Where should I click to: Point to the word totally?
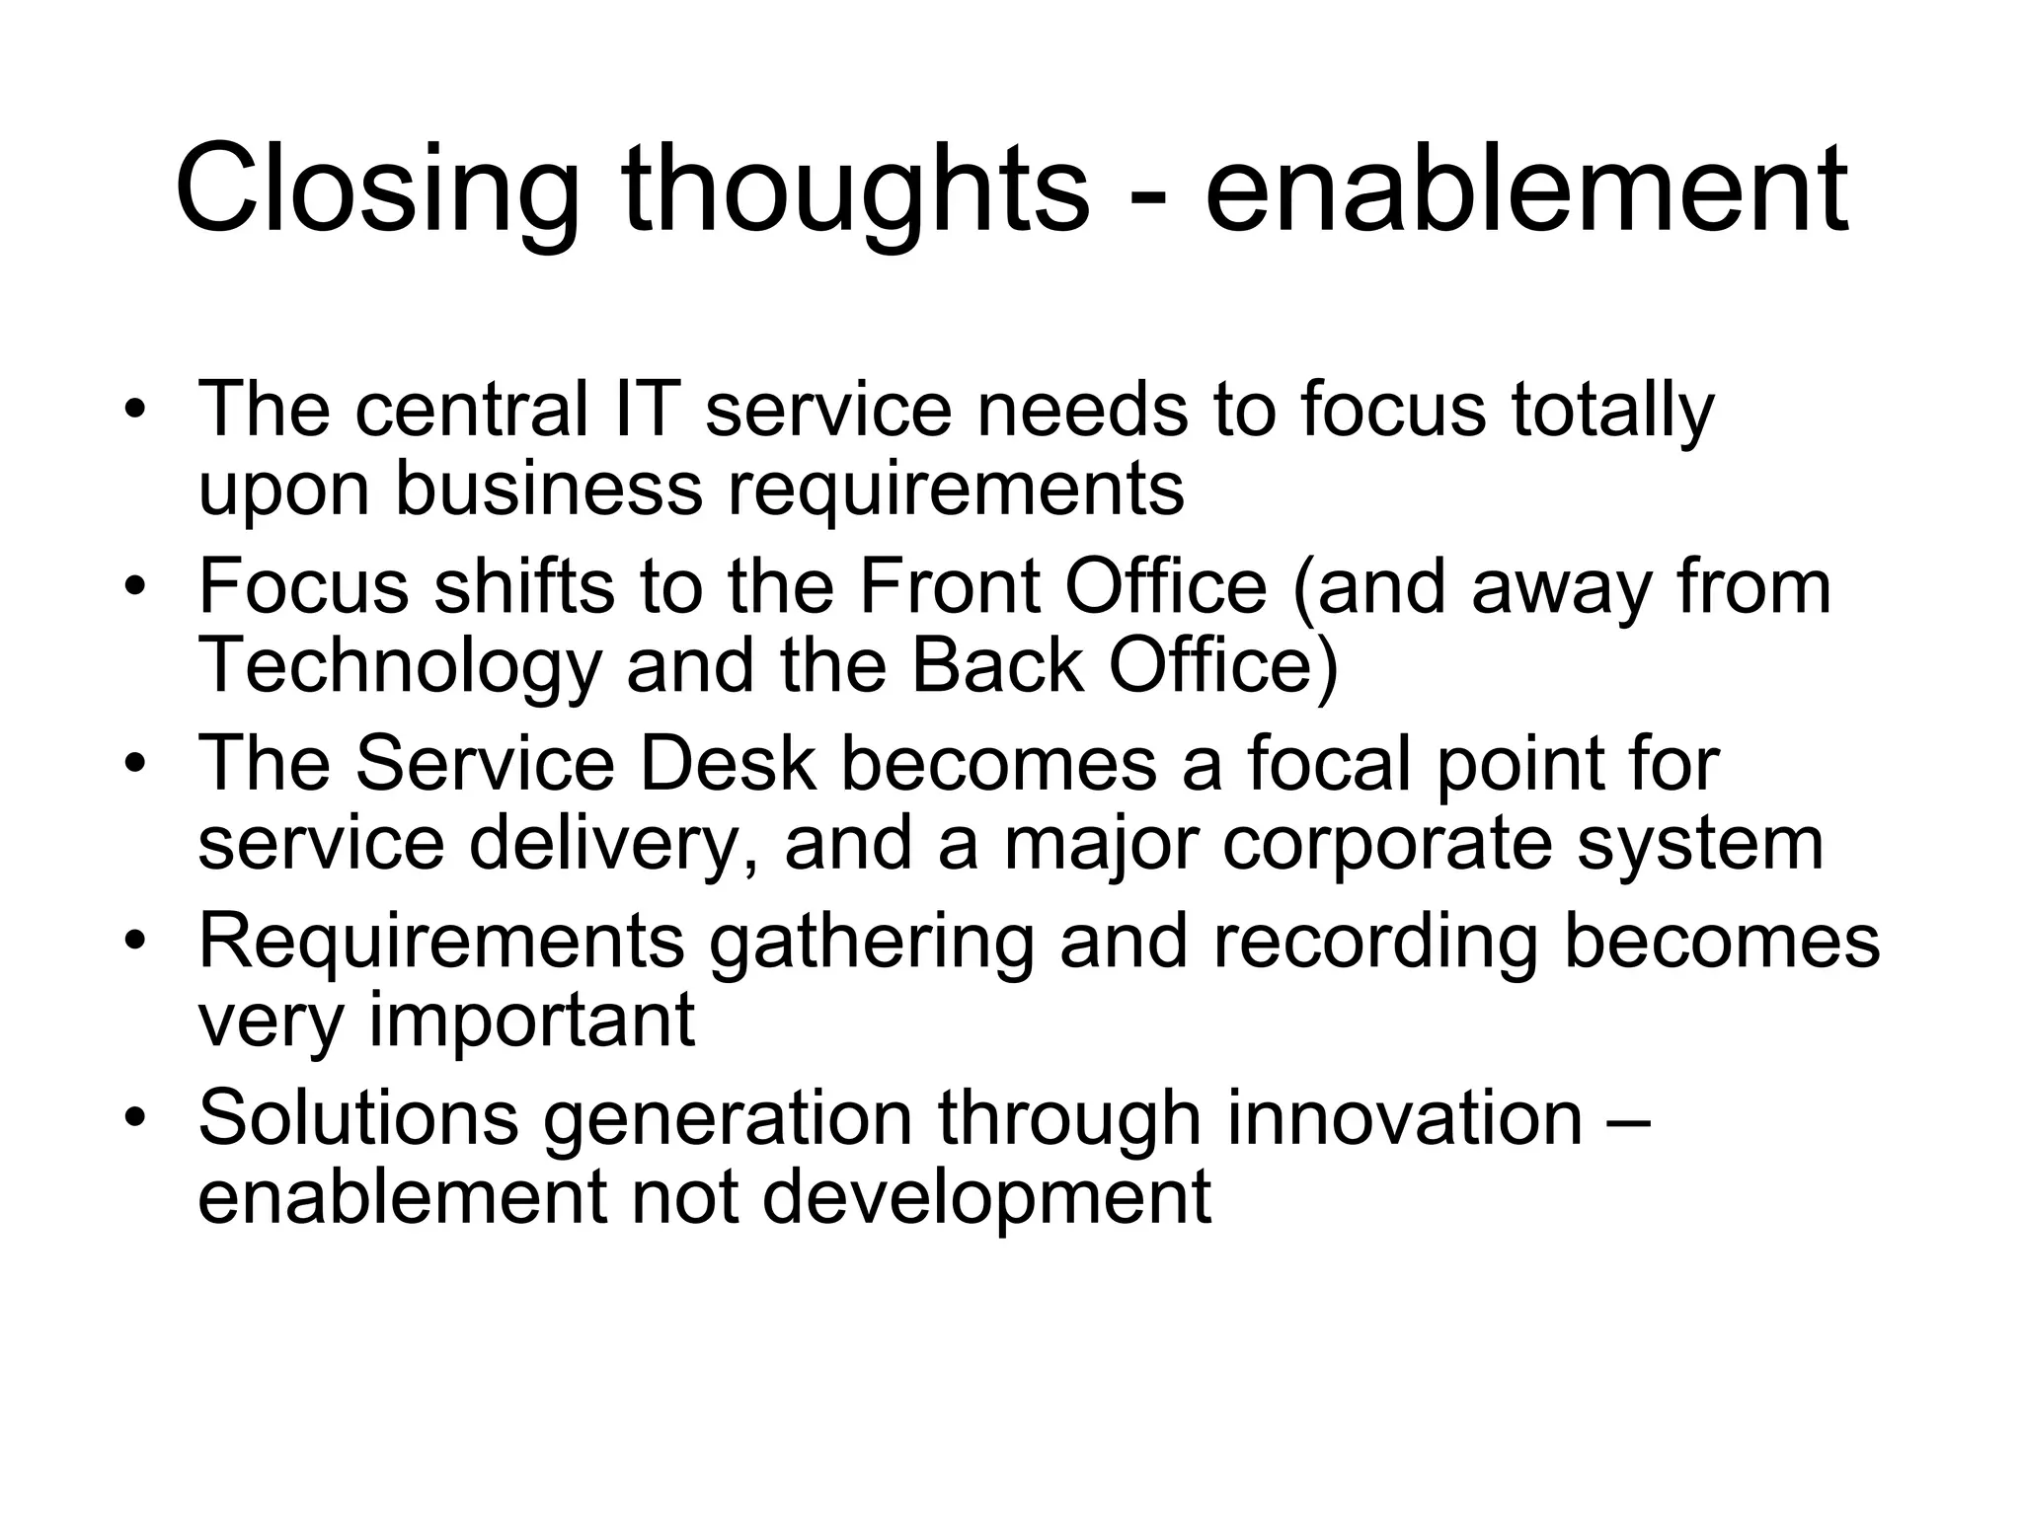[1612, 411]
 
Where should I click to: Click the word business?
[549, 488]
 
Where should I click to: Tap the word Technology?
[400, 667]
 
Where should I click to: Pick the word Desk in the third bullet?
[728, 764]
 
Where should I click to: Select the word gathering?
[872, 944]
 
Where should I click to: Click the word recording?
[1375, 944]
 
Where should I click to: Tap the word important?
[532, 1021]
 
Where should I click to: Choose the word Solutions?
[358, 1117]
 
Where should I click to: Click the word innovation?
[1405, 1117]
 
